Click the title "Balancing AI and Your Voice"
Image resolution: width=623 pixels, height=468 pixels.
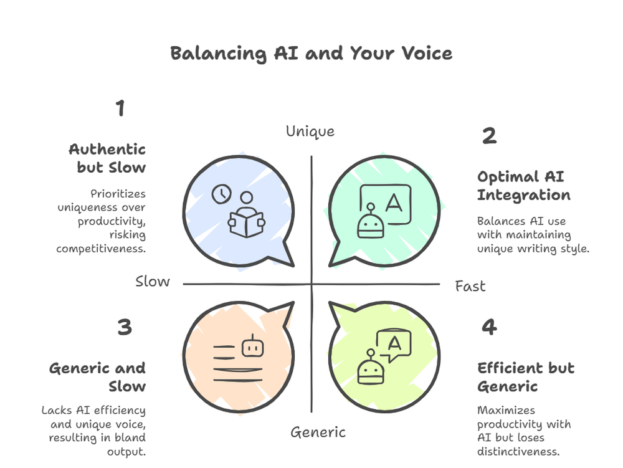311,54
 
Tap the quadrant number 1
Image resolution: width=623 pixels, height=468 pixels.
120,108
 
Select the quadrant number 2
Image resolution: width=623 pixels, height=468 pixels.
489,136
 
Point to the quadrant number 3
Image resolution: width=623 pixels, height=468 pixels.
125,327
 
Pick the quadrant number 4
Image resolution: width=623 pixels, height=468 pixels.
489,327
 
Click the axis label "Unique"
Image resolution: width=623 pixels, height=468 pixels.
310,131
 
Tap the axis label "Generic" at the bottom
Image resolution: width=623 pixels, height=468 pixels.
318,432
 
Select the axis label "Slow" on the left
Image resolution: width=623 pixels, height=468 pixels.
153,282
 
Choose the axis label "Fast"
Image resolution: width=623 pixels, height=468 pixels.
470,286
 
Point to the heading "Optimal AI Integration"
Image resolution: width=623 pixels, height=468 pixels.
523,185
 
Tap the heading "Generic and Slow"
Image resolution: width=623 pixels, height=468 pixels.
98,377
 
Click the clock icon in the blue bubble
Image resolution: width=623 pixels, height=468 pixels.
220,194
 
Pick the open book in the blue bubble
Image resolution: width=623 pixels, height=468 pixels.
247,222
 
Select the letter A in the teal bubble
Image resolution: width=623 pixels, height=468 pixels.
394,202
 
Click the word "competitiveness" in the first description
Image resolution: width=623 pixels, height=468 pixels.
101,248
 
